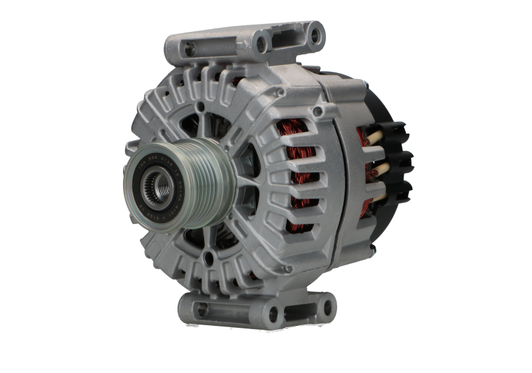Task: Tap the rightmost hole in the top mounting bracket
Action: click(315, 31)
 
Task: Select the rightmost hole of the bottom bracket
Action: click(327, 307)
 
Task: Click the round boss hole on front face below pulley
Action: click(209, 258)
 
